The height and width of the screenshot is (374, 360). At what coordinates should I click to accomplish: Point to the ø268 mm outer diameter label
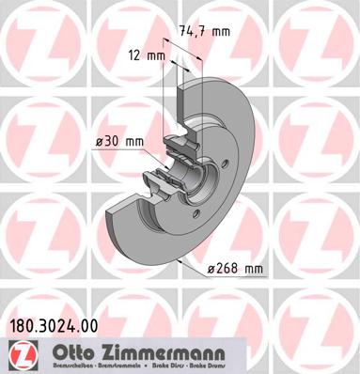click(233, 270)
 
